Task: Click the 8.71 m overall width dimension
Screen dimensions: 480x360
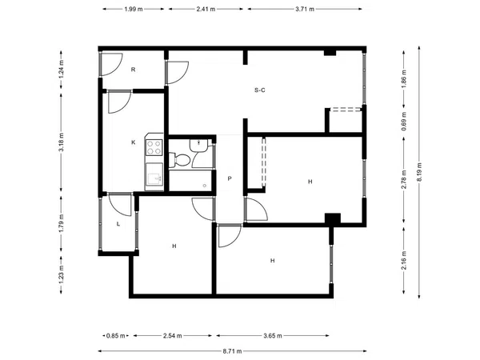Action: click(x=232, y=351)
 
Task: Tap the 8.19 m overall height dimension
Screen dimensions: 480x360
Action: click(x=419, y=172)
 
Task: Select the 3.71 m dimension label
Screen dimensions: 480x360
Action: click(x=305, y=9)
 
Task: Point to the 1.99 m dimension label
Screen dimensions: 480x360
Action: click(x=133, y=9)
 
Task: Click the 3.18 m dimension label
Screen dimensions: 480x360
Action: click(x=62, y=142)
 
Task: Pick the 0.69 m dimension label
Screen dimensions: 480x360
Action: click(x=404, y=122)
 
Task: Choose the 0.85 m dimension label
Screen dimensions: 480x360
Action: click(x=116, y=336)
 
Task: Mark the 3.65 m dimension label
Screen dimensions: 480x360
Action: click(x=273, y=336)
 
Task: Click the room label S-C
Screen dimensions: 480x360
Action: click(x=259, y=90)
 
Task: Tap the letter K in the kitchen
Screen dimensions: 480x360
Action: click(x=133, y=142)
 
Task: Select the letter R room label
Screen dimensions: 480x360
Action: click(x=133, y=70)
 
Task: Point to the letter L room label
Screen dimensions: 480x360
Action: click(x=118, y=224)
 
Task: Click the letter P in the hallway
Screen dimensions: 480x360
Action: click(x=230, y=178)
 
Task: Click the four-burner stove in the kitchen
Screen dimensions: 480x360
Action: click(x=154, y=147)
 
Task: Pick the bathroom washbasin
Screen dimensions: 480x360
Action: click(x=199, y=145)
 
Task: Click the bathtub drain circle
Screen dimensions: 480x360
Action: click(x=205, y=186)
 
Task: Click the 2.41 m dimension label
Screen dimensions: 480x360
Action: click(x=206, y=9)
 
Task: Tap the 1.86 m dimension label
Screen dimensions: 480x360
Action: click(x=404, y=79)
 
